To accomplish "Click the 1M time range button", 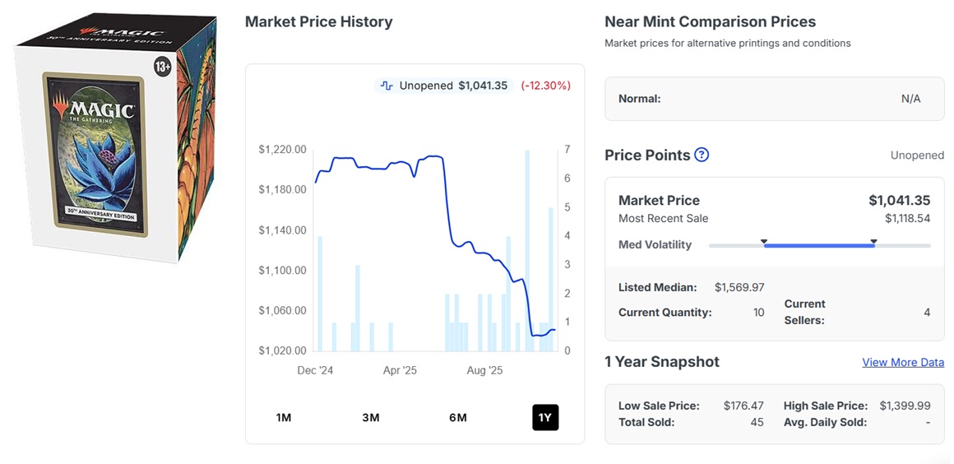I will [284, 417].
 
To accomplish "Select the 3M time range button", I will [371, 417].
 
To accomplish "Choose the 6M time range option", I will [458, 417].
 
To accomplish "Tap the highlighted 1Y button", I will [545, 417].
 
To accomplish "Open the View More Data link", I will [902, 362].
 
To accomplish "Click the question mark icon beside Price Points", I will [702, 155].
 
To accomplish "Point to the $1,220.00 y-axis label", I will [282, 150].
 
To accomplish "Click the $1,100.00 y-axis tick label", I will [282, 271].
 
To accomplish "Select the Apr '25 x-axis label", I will [400, 371].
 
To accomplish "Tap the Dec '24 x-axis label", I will [315, 371].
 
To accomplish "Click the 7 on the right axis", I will [567, 150].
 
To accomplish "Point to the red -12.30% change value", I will [545, 86].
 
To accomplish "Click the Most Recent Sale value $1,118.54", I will [907, 219].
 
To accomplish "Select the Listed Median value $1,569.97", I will [739, 287].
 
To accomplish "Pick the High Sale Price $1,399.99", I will [905, 406].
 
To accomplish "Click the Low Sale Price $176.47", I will [743, 406].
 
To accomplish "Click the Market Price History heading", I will [318, 22].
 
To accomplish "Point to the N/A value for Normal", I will [910, 99].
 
